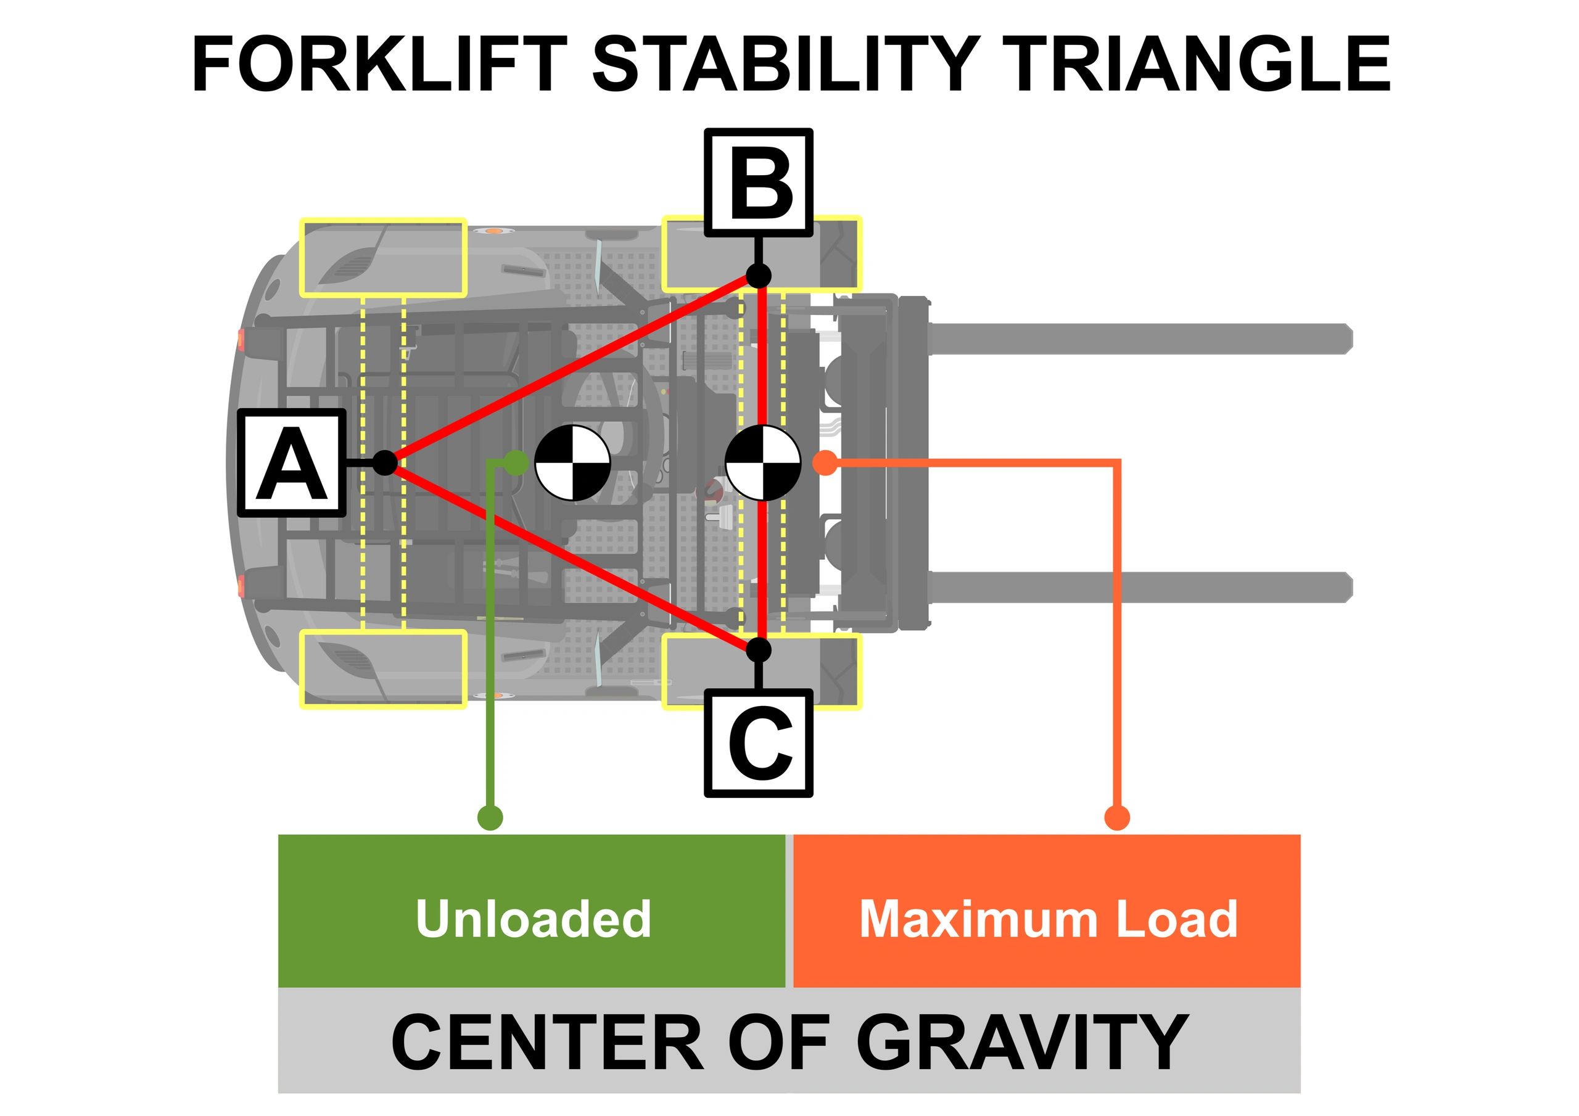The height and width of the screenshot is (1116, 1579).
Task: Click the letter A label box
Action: [292, 463]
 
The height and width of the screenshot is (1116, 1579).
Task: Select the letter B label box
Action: [758, 183]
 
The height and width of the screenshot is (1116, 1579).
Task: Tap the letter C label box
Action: [758, 744]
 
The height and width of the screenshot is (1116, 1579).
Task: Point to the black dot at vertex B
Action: [759, 276]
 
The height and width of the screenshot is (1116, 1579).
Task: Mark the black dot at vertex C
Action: [759, 650]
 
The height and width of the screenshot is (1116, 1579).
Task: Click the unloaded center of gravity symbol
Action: [572, 463]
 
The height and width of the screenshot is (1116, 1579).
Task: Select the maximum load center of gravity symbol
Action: [764, 463]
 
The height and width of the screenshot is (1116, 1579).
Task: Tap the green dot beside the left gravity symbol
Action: [516, 463]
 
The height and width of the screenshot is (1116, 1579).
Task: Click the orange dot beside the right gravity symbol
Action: [825, 463]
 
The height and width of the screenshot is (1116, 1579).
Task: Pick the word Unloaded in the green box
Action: [533, 919]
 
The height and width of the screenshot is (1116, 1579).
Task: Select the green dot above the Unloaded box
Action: [490, 818]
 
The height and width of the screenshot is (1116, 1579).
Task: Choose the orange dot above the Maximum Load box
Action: [1117, 818]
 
